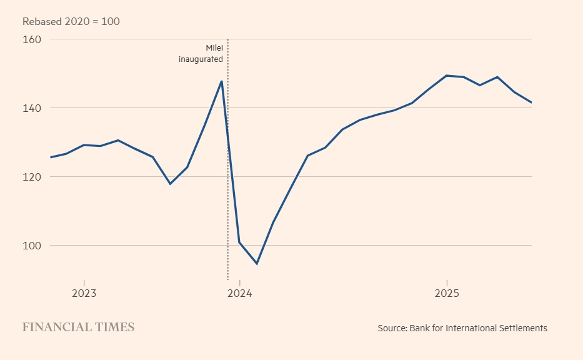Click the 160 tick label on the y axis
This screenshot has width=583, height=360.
(x=32, y=39)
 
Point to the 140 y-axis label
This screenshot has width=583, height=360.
(x=32, y=108)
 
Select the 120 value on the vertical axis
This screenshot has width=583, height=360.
(x=32, y=177)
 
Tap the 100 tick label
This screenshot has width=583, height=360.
(x=32, y=246)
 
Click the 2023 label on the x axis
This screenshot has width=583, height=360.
(x=84, y=293)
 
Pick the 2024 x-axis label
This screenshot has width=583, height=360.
(x=239, y=293)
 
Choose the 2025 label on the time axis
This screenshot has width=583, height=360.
(x=446, y=293)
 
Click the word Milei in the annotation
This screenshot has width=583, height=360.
(x=214, y=48)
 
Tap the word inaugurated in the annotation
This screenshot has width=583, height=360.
(x=201, y=59)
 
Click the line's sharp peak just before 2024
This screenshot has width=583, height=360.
(x=222, y=81)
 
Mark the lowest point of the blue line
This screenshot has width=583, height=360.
(x=256, y=264)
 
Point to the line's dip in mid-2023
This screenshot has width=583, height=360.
(x=170, y=184)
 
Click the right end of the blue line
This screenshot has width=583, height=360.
(x=531, y=102)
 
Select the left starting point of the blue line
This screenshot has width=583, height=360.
(x=51, y=157)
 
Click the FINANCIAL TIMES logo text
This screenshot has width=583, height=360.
(x=78, y=327)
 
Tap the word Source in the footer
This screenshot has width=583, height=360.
(x=392, y=328)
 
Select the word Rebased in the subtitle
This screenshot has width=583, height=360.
(x=42, y=22)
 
